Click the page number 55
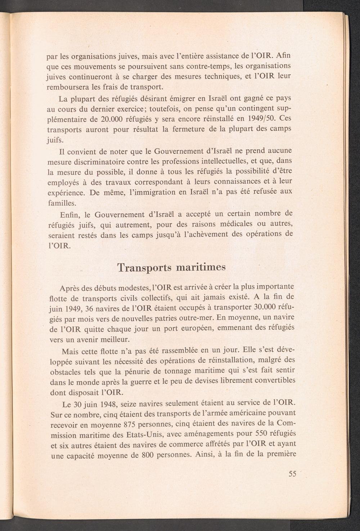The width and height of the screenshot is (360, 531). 292,474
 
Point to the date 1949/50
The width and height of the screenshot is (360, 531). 261,119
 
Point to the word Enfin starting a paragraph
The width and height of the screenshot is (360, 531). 69,215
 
